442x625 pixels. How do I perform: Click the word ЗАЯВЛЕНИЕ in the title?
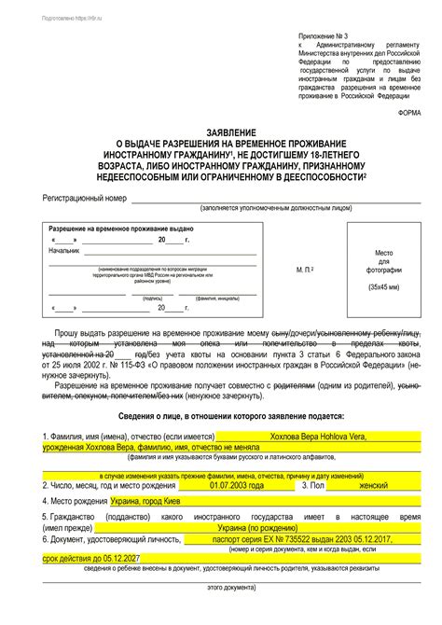pyautogui.click(x=221, y=132)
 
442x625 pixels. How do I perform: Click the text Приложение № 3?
pyautogui.click(x=326, y=31)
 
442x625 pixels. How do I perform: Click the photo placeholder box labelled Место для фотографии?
pyautogui.click(x=383, y=271)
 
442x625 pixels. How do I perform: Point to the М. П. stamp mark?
pyautogui.click(x=304, y=269)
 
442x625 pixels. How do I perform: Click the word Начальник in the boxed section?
pyautogui.click(x=64, y=251)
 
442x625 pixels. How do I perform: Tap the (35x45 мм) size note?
pyautogui.click(x=383, y=288)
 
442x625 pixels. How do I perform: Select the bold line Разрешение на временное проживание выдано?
pyautogui.click(x=121, y=229)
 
